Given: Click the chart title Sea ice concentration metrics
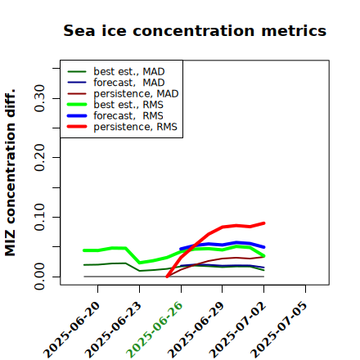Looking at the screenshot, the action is (x=195, y=30).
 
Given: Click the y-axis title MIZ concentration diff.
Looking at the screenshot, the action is (x=10, y=173).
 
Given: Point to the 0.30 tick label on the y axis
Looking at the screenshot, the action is (x=40, y=98).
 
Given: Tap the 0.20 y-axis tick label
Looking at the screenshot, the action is (x=40, y=157).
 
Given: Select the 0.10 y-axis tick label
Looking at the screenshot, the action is (x=40, y=217).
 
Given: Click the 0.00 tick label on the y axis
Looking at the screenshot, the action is (x=40, y=277).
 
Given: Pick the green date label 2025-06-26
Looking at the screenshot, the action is (x=155, y=330).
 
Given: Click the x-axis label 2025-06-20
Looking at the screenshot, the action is (x=71, y=330).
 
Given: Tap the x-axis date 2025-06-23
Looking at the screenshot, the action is (x=113, y=330).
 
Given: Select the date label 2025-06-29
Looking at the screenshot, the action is (x=196, y=330).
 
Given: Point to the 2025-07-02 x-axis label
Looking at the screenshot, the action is (x=237, y=330).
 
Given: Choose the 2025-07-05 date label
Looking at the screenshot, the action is (x=279, y=330).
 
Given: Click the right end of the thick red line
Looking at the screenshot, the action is (x=263, y=223).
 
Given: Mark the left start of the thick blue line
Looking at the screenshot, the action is (x=181, y=249).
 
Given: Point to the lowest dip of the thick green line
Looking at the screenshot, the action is (x=140, y=263).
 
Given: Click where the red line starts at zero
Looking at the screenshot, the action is (x=167, y=277).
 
